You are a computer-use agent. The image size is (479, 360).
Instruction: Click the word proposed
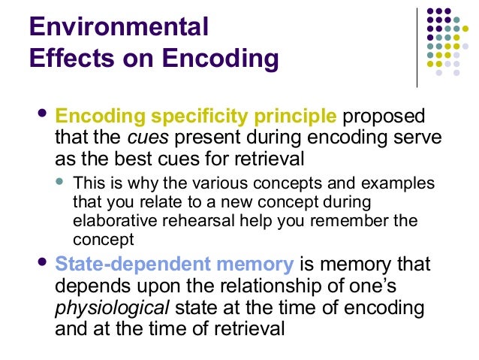point(384,117)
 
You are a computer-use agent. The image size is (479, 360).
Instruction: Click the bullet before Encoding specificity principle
point(41,115)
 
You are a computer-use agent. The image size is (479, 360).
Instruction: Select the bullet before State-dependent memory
point(41,262)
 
